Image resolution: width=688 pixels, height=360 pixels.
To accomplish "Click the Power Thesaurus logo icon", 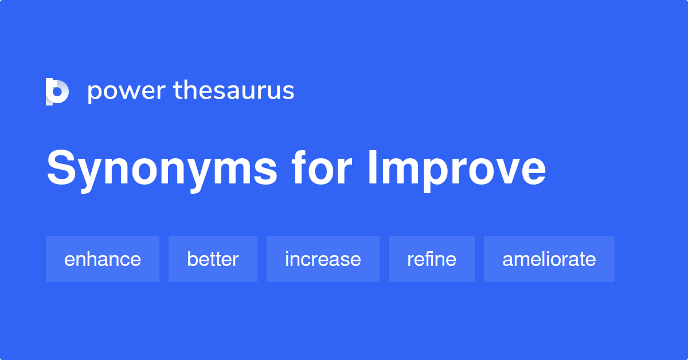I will [x=57, y=91].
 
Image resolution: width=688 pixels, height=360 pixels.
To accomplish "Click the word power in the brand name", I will [x=126, y=91].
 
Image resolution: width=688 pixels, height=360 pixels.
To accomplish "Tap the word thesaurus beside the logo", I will [x=234, y=91].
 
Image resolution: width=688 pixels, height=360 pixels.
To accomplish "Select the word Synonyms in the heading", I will [x=162, y=169].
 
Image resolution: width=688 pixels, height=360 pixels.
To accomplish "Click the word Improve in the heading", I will [x=456, y=169].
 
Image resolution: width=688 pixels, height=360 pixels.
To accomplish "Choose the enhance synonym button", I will [x=103, y=259].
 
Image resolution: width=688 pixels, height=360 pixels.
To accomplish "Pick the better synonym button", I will [x=213, y=259].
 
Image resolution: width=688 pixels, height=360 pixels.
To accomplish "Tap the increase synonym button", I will [x=323, y=259].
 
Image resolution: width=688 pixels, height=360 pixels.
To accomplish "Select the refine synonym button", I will [x=432, y=259].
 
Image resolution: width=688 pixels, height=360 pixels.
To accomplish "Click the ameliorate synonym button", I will [x=549, y=259].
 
